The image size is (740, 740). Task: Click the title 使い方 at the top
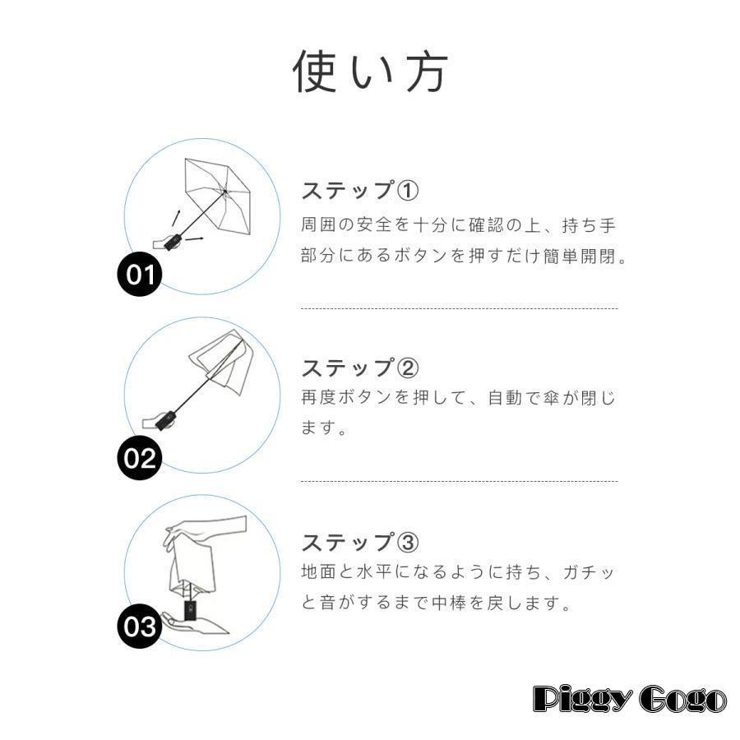tap(370, 72)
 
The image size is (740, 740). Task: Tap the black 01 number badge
tap(139, 274)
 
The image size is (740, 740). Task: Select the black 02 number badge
tap(139, 458)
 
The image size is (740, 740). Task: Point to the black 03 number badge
tap(139, 626)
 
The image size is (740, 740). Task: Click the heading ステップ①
tap(359, 191)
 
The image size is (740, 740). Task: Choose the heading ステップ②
tap(359, 368)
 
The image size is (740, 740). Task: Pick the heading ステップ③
tap(359, 543)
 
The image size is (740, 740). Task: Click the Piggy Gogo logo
tap(630, 698)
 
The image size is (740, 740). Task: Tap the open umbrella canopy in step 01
tap(218, 194)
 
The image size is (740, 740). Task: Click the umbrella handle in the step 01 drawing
tap(173, 241)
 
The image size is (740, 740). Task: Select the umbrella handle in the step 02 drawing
tap(166, 420)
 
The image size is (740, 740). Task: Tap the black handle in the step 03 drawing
tap(190, 609)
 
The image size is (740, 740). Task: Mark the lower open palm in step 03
tap(194, 623)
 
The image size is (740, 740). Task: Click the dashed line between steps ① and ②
tap(459, 308)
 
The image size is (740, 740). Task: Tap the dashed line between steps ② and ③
tap(459, 482)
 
